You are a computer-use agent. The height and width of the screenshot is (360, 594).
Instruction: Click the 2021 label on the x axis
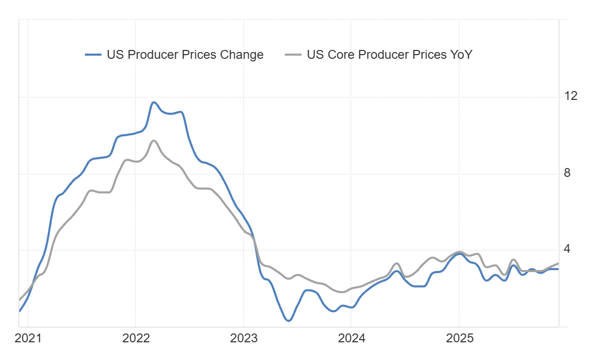click(28, 339)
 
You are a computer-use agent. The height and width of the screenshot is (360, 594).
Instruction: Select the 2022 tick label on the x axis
click(136, 339)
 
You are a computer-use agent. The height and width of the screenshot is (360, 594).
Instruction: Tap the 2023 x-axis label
click(244, 339)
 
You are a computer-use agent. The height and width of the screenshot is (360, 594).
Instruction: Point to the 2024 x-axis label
click(351, 339)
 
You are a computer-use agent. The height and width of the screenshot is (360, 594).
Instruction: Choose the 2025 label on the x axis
click(459, 339)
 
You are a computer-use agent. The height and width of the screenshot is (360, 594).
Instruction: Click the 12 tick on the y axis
click(571, 96)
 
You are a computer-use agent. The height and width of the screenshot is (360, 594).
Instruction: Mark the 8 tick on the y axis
click(567, 173)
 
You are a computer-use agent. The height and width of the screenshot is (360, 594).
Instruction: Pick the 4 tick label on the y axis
click(567, 249)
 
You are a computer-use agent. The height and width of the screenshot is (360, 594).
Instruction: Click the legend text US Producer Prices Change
click(185, 55)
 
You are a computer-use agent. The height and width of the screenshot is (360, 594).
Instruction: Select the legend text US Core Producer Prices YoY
click(389, 55)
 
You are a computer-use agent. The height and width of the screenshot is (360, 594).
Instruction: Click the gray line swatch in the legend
click(294, 55)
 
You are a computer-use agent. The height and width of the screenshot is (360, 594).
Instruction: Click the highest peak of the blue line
click(154, 102)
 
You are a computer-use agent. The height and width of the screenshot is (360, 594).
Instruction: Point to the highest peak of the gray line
click(154, 140)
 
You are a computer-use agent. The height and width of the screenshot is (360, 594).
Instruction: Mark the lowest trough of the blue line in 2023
click(288, 320)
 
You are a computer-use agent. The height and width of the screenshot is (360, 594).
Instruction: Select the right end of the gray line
click(558, 263)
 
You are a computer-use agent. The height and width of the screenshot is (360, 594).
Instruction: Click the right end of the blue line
click(558, 269)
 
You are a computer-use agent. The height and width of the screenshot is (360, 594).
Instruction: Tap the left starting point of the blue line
click(20, 311)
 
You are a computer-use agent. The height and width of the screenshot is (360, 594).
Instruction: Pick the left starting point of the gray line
click(20, 300)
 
